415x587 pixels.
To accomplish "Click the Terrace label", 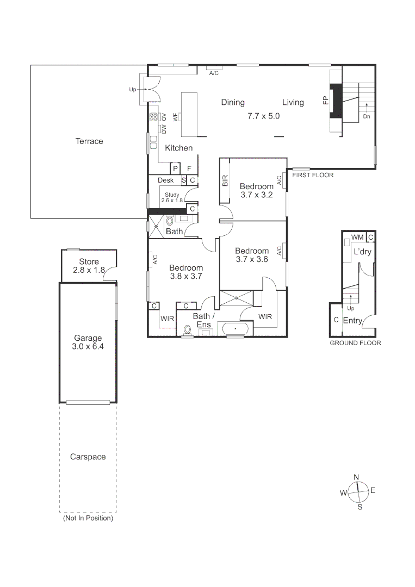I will click(x=89, y=141).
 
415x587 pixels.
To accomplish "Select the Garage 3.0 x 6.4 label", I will click(x=88, y=342).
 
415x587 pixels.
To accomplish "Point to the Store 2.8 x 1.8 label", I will click(x=89, y=266).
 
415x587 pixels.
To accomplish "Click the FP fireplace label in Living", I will click(x=325, y=101).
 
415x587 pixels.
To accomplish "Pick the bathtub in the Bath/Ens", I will click(x=234, y=329).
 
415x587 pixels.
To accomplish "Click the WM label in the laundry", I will click(x=357, y=238).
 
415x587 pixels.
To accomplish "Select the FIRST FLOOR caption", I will click(x=313, y=175).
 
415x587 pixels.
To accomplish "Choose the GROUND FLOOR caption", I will click(x=356, y=343).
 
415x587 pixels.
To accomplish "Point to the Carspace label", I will click(x=88, y=457).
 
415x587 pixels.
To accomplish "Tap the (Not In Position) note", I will click(x=88, y=518).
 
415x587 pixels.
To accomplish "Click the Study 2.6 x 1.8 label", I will click(x=172, y=197).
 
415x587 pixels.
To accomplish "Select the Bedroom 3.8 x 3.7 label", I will click(x=185, y=272).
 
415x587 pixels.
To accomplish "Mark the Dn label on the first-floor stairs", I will click(x=367, y=116).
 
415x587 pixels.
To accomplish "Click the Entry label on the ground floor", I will click(x=352, y=321).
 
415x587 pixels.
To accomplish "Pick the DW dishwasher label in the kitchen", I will click(x=163, y=129).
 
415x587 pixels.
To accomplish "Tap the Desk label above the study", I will click(x=165, y=180).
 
